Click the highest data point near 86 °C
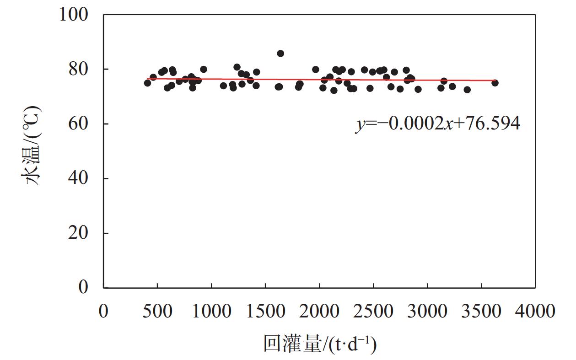coord(280,54)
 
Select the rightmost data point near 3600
coord(495,83)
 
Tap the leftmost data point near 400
coord(147,83)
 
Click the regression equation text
coord(438,124)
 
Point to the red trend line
coord(320,80)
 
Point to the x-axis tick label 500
coord(157,311)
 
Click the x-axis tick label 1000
coord(211,311)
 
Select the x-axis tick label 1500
coord(265,311)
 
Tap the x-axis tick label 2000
coord(319,311)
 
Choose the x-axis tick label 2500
coord(373,311)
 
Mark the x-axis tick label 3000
coord(427,311)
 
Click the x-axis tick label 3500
coord(481,311)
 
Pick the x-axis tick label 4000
coord(535,311)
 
